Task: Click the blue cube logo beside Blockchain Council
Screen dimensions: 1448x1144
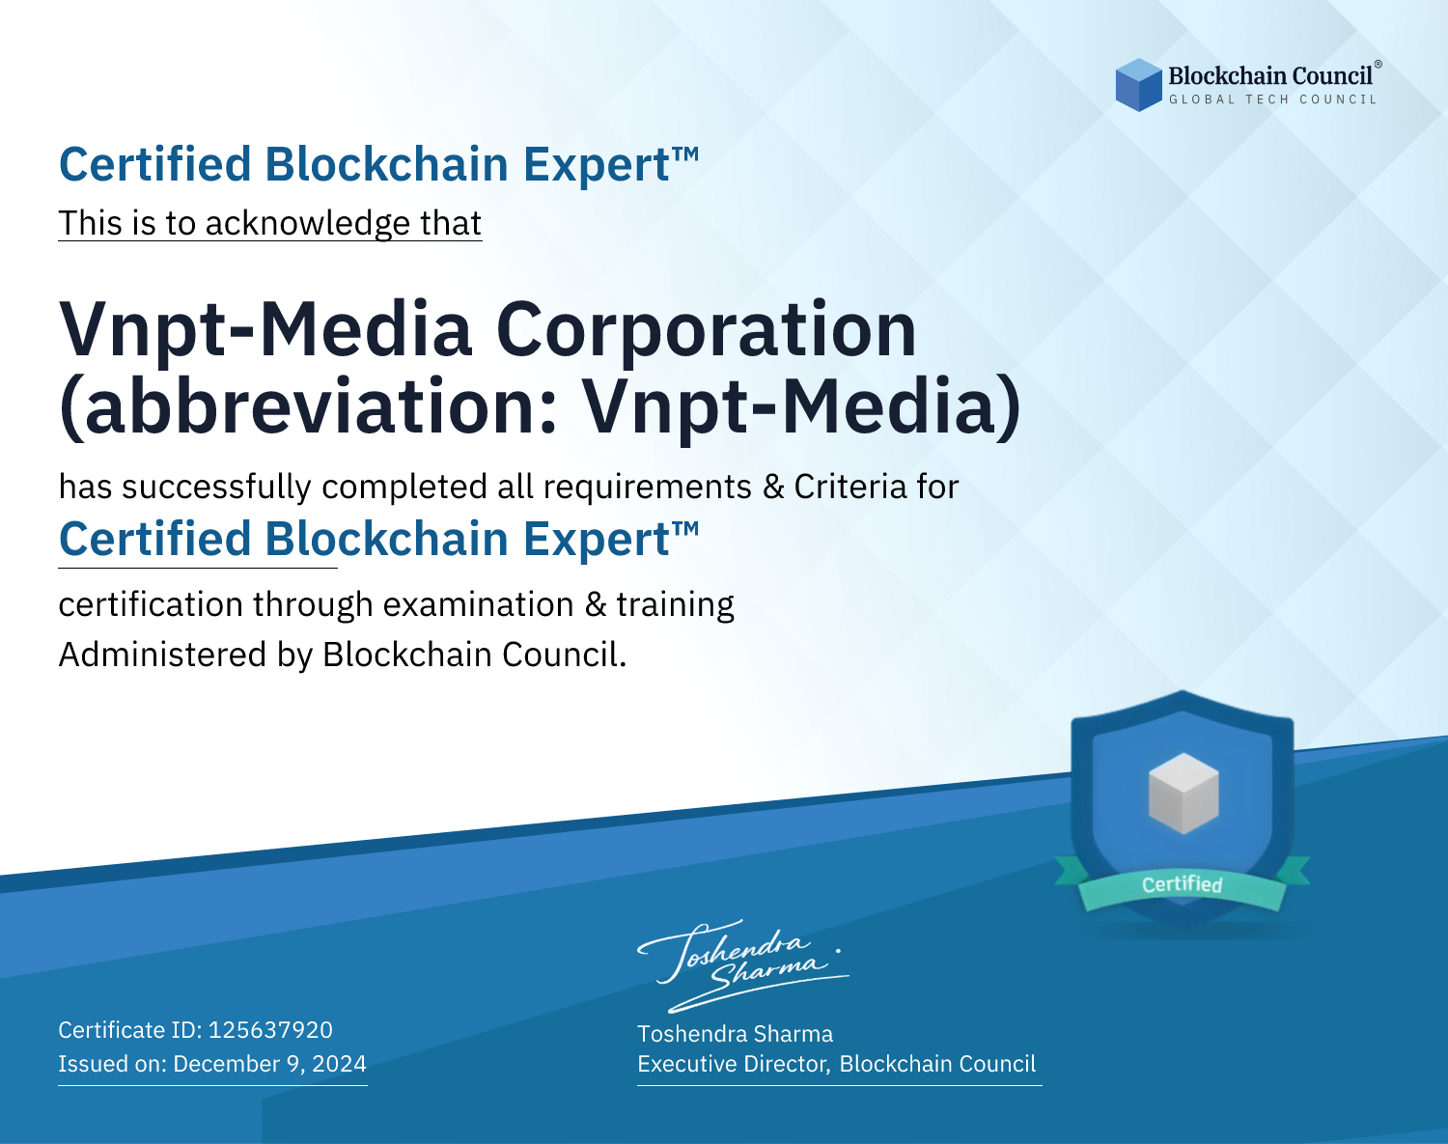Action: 1138,84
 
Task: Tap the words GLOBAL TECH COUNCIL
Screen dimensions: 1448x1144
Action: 1272,99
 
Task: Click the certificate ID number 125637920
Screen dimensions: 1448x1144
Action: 270,1029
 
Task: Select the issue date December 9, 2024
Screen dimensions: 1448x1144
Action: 270,1063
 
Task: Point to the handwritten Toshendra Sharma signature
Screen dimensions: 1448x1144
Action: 743,965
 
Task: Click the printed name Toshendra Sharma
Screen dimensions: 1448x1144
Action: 735,1034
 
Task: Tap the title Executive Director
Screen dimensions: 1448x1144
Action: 733,1064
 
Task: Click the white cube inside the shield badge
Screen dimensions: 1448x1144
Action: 1183,794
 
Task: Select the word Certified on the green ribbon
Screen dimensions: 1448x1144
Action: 1182,884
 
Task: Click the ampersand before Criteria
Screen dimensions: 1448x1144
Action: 774,487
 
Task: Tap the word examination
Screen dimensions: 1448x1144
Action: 478,604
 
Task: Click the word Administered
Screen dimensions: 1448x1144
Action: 162,655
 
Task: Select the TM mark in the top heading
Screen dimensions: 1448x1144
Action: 685,154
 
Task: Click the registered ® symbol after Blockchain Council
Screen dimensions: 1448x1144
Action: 1378,65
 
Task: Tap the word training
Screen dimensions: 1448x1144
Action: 675,605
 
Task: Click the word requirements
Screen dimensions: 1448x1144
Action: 647,488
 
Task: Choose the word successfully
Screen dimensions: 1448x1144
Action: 216,488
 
